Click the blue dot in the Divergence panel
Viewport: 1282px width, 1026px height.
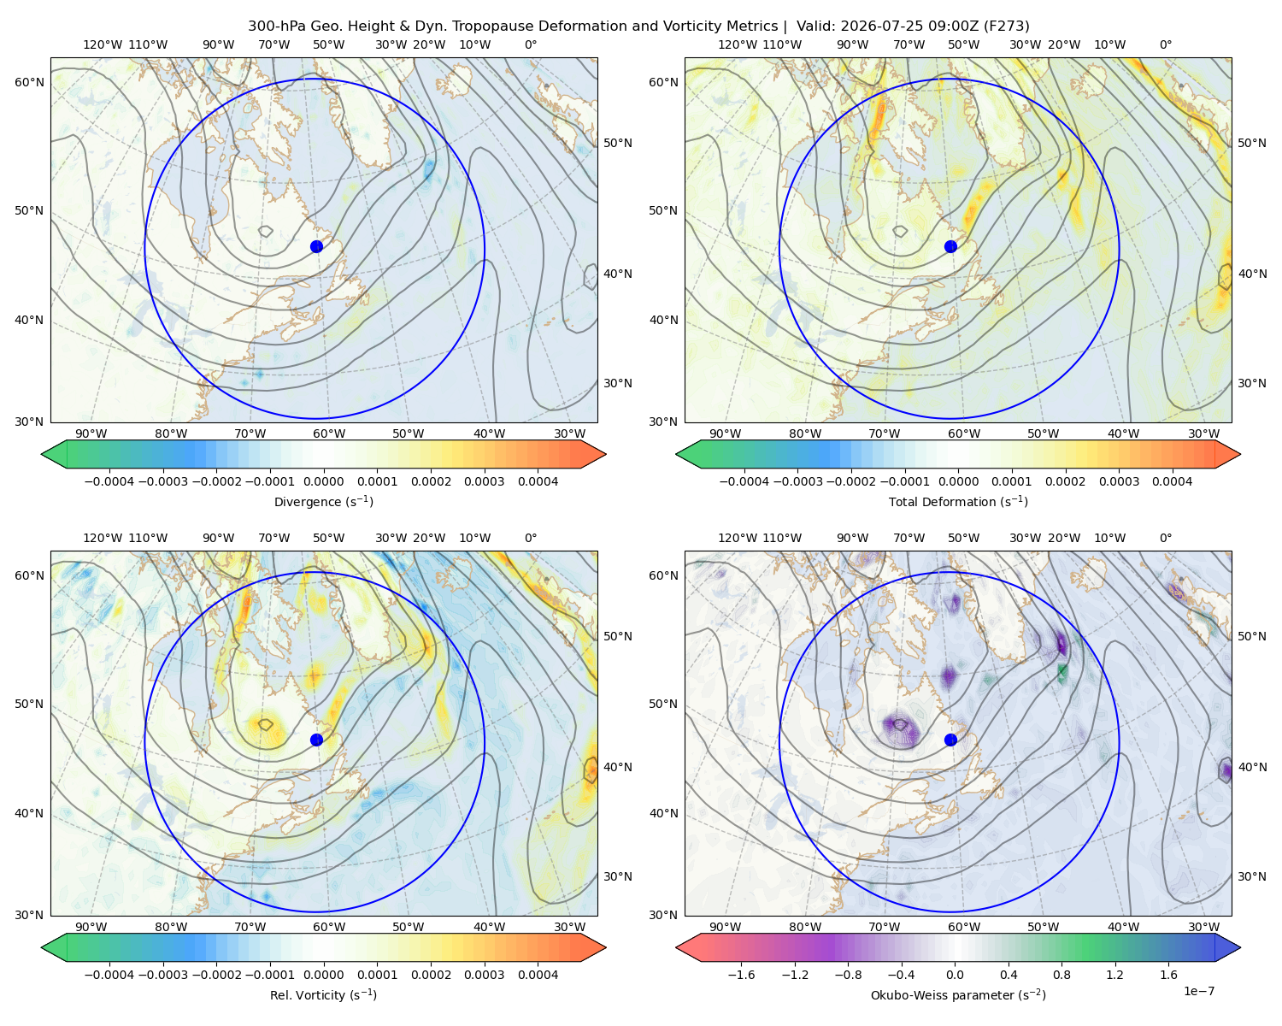tap(316, 246)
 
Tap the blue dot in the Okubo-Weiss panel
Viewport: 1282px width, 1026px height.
tap(950, 740)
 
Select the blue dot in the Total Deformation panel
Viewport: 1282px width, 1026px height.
tap(950, 246)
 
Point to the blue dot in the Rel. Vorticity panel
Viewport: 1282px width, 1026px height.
tap(316, 740)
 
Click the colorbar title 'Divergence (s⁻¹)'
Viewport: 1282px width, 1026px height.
tap(323, 501)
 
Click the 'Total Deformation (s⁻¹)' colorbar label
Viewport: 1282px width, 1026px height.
tap(958, 501)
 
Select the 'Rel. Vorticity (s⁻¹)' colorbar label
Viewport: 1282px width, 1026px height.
tap(323, 994)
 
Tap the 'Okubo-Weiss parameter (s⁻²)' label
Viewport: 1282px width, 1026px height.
tap(958, 994)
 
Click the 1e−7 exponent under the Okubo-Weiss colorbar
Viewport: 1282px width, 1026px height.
tap(1198, 991)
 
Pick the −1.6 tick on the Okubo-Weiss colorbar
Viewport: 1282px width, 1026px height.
tap(741, 975)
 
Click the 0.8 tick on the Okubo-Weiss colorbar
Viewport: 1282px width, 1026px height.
tap(1061, 975)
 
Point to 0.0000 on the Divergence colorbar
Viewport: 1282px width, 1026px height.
tap(323, 481)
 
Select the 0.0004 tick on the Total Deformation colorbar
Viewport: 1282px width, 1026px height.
tap(1172, 481)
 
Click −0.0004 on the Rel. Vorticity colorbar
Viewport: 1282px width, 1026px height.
tap(109, 975)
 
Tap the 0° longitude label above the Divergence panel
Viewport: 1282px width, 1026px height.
tap(530, 44)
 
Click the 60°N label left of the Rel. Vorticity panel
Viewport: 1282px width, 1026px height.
tap(29, 575)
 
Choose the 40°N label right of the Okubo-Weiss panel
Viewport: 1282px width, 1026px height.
tap(1252, 767)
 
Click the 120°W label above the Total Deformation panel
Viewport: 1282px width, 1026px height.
tap(738, 44)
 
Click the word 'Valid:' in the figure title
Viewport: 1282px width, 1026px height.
tap(816, 27)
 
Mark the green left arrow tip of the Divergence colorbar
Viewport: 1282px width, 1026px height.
tap(42, 454)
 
